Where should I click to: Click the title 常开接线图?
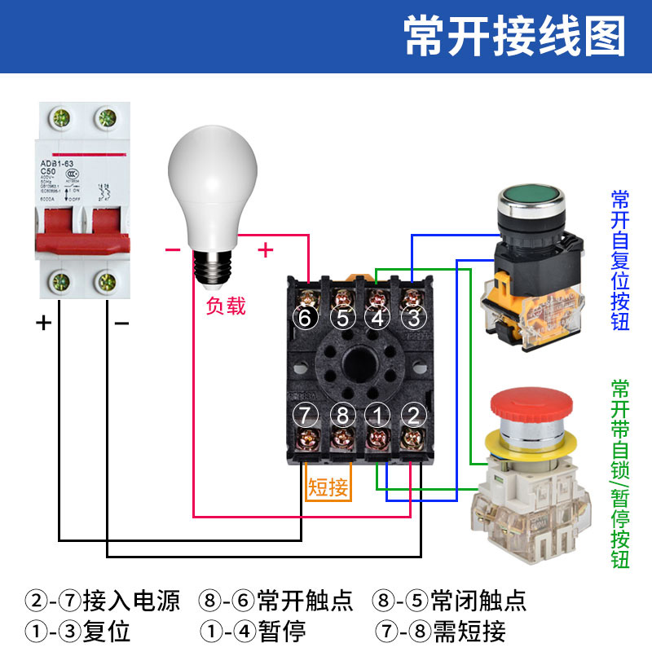coord(515,37)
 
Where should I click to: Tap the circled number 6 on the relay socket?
coord(305,318)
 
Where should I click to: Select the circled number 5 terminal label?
coord(342,318)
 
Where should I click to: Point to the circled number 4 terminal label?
coord(378,318)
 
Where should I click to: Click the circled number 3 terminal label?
coord(415,318)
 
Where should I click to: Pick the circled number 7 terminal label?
coord(305,415)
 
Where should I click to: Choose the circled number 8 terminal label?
coord(342,415)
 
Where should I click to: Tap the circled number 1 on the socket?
coord(378,415)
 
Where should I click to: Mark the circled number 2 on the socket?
coord(415,415)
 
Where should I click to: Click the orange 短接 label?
coord(328,488)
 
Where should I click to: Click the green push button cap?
coord(530,198)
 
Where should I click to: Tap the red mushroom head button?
coord(529,411)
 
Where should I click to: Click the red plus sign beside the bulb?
coord(265,249)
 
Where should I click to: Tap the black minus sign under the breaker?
coord(121,324)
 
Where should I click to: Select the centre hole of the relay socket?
coord(359,366)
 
